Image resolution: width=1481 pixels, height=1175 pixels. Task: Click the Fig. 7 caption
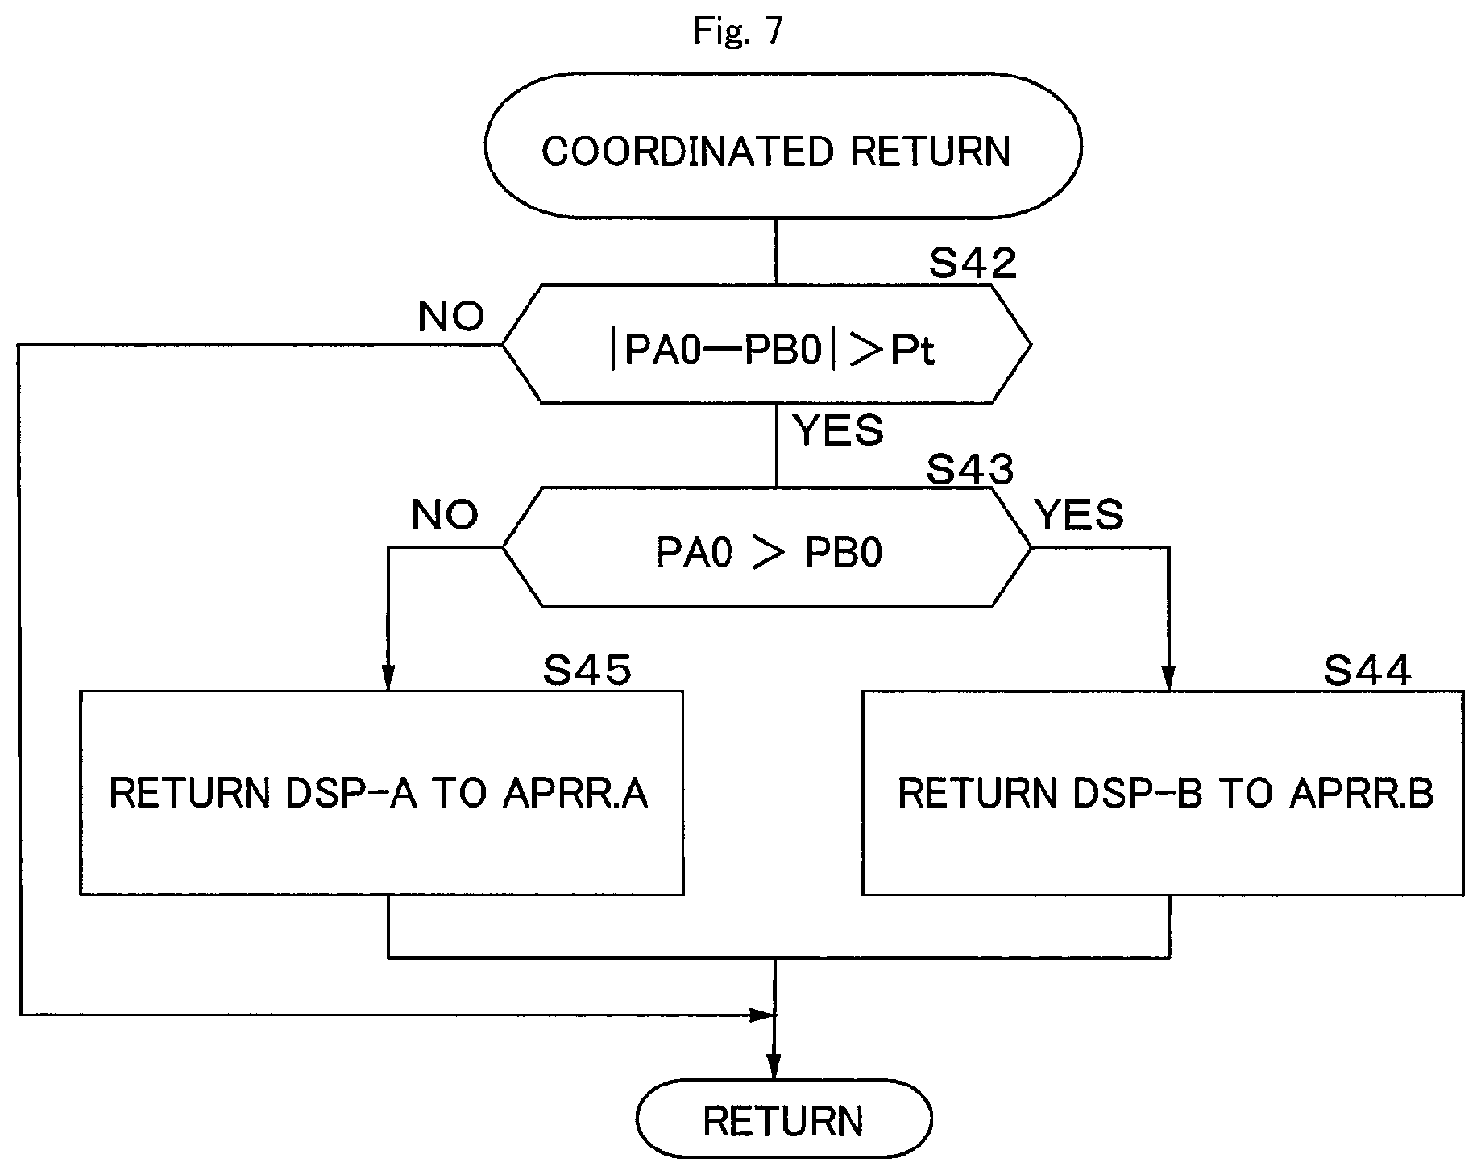737,31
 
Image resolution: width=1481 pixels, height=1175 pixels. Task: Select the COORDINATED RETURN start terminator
782,147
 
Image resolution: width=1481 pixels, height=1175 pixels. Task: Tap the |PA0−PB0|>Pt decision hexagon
766,344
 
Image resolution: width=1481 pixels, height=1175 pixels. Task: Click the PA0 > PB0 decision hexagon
766,547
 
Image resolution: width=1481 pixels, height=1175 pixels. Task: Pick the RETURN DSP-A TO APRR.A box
382,793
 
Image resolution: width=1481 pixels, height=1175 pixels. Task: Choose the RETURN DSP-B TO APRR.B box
1163,793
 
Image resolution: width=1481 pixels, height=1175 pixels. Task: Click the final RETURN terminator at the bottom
784,1119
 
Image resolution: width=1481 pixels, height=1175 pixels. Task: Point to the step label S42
973,263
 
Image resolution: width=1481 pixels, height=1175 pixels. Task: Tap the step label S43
969,469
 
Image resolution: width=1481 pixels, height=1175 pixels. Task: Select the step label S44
1367,671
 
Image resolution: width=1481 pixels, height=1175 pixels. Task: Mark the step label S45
587,671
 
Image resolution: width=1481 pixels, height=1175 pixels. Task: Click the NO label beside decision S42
451,317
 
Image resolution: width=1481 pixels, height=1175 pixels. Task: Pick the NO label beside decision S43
445,514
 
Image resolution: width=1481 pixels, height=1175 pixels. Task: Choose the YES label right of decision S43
1079,514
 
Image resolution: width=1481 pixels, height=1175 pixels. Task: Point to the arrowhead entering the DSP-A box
388,679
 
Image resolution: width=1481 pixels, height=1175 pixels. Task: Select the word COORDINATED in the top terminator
687,152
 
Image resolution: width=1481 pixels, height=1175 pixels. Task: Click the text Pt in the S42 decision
912,351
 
